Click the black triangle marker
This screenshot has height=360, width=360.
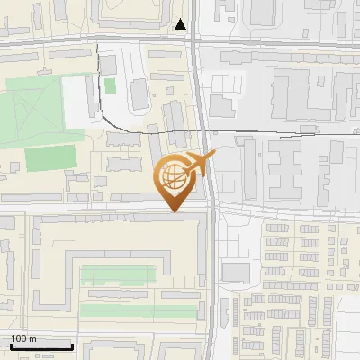point(182,24)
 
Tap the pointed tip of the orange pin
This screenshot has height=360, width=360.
point(176,211)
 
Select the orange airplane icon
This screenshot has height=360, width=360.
point(200,165)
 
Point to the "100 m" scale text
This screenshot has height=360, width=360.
point(23,337)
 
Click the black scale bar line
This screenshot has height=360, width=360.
point(40,346)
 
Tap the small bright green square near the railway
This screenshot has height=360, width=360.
point(110,85)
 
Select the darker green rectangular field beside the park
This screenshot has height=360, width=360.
point(52,158)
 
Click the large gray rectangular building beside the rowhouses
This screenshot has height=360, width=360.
point(236,272)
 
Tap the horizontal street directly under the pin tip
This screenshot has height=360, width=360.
point(135,213)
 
